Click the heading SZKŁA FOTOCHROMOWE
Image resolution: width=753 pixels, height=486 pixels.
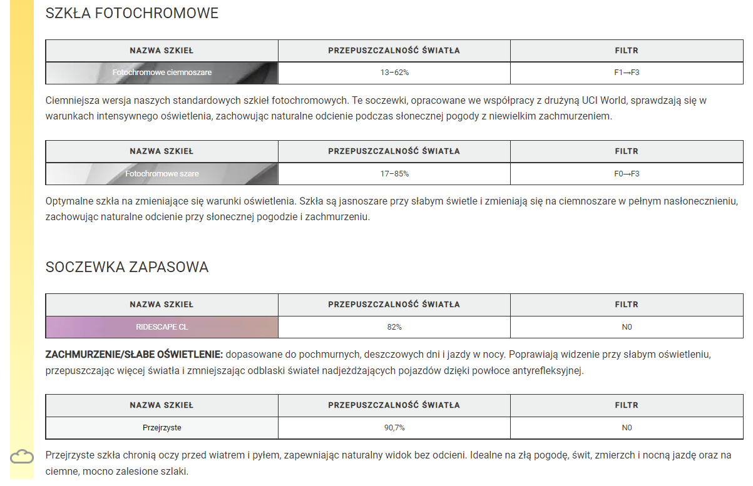click(132, 13)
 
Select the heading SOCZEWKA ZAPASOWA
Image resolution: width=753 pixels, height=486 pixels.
click(127, 267)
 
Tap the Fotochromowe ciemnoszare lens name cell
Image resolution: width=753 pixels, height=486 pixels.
click(162, 73)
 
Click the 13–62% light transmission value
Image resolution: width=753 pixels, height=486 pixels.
click(394, 73)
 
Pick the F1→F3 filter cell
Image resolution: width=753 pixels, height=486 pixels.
click(627, 73)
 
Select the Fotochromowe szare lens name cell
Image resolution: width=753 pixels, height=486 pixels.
click(162, 173)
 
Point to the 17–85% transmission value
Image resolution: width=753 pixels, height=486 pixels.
click(394, 173)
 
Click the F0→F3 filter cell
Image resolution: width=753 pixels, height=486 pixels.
click(627, 173)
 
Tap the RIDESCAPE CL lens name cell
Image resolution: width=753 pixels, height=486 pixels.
click(162, 327)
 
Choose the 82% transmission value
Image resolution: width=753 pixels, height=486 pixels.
click(394, 327)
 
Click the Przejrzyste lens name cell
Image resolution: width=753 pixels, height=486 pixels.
click(162, 428)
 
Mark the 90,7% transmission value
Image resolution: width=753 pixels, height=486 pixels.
click(394, 428)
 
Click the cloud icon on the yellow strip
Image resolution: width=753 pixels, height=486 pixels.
click(22, 457)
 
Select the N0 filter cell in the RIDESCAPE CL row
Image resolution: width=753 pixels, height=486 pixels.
click(627, 327)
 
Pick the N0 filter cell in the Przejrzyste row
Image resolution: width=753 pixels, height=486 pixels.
click(627, 428)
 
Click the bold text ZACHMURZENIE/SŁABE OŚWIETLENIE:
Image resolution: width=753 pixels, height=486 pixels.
click(134, 355)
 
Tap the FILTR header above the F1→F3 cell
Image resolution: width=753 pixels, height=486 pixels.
click(627, 51)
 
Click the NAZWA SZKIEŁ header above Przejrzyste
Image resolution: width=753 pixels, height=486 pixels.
click(162, 405)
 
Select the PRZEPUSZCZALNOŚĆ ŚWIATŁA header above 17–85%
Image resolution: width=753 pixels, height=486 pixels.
click(394, 151)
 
